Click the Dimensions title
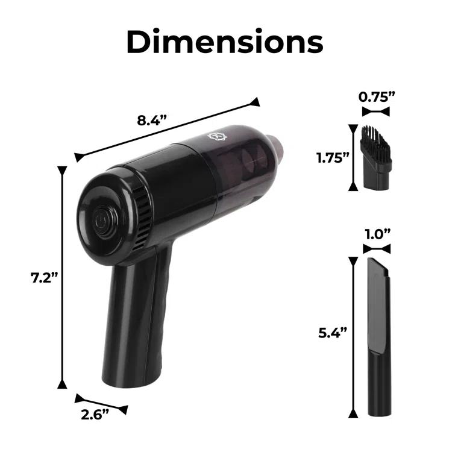click(227, 42)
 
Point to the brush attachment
click(375, 158)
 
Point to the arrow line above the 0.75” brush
click(376, 111)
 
